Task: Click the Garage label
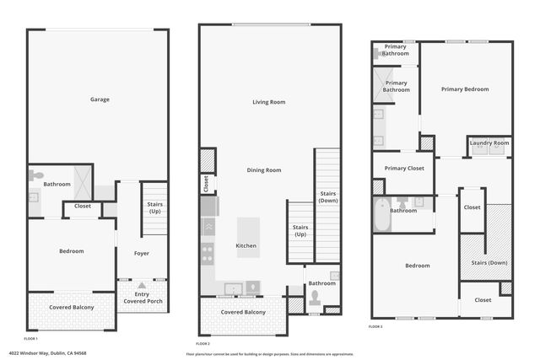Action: point(100,99)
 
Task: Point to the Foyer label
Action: point(141,253)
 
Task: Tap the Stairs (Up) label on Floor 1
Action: point(154,207)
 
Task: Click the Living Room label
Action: point(268,102)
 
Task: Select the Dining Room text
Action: point(263,170)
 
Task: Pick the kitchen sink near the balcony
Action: point(233,288)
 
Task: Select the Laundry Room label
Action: point(489,143)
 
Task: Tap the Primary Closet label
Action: point(403,168)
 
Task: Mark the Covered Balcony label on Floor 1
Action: point(71,307)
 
